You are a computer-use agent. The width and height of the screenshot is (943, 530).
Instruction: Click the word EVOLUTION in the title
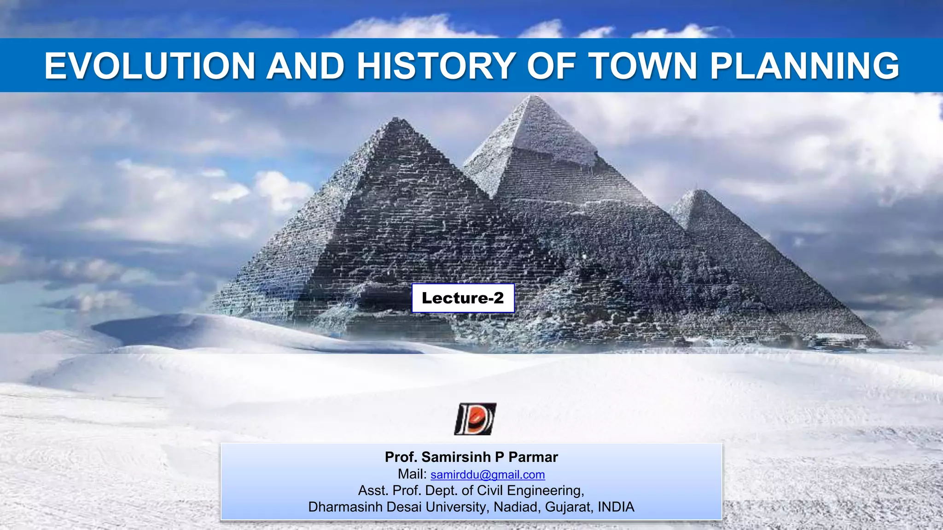click(150, 66)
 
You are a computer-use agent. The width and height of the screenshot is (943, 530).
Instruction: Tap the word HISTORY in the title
click(436, 66)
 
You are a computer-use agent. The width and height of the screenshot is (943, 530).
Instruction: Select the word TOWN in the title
click(644, 66)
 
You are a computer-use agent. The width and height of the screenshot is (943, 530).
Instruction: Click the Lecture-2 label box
click(463, 298)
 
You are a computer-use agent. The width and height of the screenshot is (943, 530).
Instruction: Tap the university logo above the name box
click(475, 419)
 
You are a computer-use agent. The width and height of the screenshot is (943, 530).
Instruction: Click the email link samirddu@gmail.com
click(488, 474)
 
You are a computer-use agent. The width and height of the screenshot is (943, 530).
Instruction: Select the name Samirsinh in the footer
click(456, 457)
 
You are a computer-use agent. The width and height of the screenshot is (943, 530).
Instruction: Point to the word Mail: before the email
click(412, 474)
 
